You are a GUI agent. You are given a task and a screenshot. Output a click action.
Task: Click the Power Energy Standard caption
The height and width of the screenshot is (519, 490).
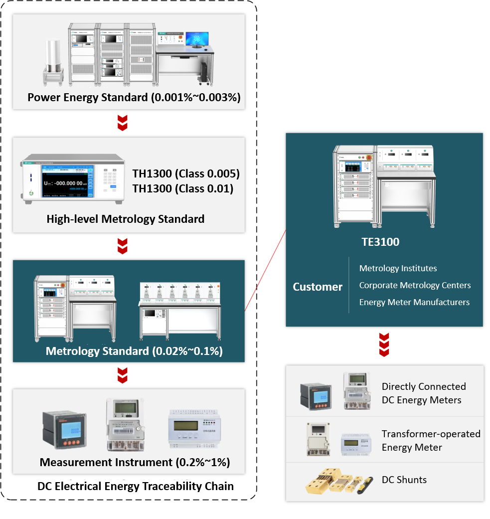click(134, 97)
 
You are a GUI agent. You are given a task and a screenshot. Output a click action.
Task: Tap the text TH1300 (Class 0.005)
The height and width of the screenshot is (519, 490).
click(186, 174)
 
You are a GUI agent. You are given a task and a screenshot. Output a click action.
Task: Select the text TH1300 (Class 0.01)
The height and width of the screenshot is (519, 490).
click(183, 188)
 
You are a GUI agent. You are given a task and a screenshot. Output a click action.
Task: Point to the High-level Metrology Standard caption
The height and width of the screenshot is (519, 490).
click(126, 218)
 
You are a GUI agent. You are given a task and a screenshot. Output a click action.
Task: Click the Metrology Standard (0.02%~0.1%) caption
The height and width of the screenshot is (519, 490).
click(134, 351)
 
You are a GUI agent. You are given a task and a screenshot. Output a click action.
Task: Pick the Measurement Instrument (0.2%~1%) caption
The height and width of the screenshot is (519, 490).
click(135, 462)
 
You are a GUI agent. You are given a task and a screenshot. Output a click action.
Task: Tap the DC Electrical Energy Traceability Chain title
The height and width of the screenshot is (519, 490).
click(136, 486)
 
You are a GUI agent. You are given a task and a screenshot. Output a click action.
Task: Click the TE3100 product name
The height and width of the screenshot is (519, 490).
click(380, 242)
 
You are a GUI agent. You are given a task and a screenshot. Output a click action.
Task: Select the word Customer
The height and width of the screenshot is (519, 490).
click(318, 287)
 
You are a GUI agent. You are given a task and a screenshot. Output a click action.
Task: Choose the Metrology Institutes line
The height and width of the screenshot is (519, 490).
click(398, 268)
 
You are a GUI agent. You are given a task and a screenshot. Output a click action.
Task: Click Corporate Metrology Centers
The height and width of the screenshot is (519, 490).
click(415, 285)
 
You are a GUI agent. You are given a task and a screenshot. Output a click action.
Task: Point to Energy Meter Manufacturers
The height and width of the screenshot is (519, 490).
click(414, 302)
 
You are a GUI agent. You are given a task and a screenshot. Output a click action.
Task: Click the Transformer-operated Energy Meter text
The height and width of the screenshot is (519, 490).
click(431, 440)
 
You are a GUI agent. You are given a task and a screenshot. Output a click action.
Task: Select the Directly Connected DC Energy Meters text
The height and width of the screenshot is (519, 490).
click(424, 393)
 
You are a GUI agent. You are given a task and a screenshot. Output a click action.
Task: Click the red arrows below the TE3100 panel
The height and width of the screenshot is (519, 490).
click(383, 346)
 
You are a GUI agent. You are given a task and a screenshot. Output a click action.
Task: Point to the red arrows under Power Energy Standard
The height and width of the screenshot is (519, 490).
click(123, 123)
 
